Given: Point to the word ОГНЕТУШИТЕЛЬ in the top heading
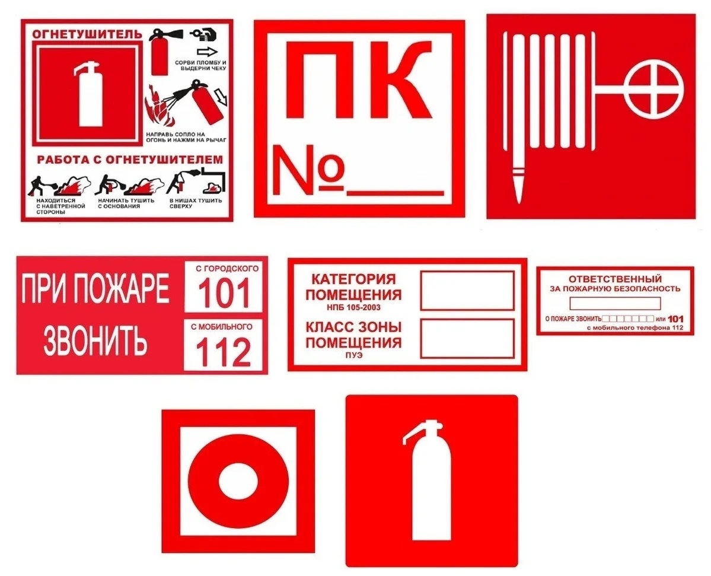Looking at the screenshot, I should [87, 33].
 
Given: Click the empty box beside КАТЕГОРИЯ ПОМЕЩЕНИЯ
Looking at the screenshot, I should [467, 291].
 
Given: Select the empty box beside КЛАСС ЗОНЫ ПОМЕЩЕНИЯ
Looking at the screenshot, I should [467, 339].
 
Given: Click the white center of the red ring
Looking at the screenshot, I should [237, 479].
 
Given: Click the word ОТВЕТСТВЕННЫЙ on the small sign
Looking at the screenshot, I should [615, 278].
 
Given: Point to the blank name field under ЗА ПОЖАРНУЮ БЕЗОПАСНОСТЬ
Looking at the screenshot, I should [615, 303].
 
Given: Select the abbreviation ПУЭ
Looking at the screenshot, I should [353, 355].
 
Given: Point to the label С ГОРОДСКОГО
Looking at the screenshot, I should [223, 269].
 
